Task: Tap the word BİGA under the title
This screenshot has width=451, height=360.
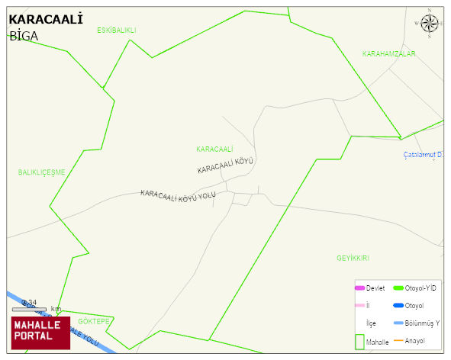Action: pyautogui.click(x=24, y=36)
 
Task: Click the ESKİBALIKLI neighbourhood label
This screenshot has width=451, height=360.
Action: pyautogui.click(x=116, y=31)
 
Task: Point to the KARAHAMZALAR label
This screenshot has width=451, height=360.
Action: pyautogui.click(x=388, y=54)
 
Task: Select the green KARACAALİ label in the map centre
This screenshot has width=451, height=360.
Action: pyautogui.click(x=214, y=149)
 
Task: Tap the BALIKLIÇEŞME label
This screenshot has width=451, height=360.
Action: pyautogui.click(x=42, y=172)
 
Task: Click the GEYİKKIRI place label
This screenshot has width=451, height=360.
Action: pyautogui.click(x=353, y=258)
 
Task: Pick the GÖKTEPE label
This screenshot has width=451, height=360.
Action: pyautogui.click(x=94, y=321)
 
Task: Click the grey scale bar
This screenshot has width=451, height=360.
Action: pyautogui.click(x=29, y=309)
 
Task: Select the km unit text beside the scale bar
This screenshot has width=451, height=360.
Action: pyautogui.click(x=56, y=309)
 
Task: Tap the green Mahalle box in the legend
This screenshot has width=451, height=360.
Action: pyautogui.click(x=359, y=342)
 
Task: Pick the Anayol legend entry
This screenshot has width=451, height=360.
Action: pyautogui.click(x=414, y=340)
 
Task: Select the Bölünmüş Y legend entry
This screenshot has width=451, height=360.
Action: pyautogui.click(x=422, y=323)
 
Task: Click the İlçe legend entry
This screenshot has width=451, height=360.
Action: pyautogui.click(x=371, y=323)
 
